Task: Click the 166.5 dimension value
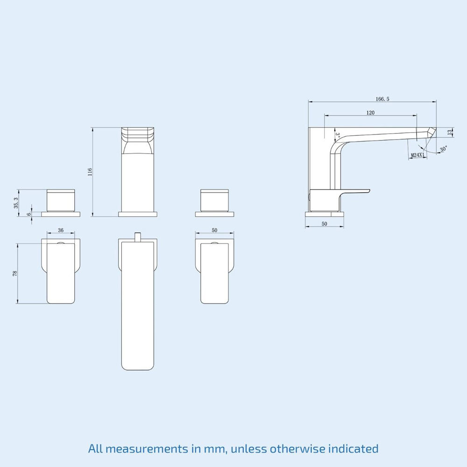(x=382, y=99)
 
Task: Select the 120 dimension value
(x=370, y=113)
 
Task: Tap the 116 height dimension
(x=90, y=171)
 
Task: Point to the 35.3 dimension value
(x=16, y=203)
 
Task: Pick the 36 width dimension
(x=61, y=230)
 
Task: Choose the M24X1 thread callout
(x=417, y=155)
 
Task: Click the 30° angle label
(x=443, y=149)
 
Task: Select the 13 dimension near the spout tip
(x=449, y=133)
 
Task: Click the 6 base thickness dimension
(x=29, y=213)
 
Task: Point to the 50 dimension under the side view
(x=325, y=224)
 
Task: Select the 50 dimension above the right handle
(x=214, y=230)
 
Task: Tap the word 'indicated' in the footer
(x=353, y=449)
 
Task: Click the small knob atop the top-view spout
(x=137, y=237)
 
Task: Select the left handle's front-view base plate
(x=61, y=214)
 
